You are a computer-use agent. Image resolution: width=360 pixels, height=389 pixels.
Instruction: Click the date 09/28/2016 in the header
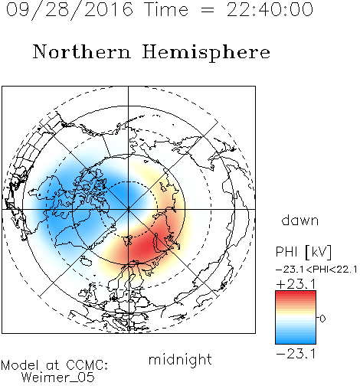(70, 10)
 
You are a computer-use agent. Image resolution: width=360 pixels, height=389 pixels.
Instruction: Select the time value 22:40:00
(270, 9)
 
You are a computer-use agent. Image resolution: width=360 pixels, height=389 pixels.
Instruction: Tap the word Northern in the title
(82, 51)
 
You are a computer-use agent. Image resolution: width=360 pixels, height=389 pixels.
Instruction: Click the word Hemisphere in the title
(206, 53)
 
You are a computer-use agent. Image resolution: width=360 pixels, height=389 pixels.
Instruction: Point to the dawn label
(300, 221)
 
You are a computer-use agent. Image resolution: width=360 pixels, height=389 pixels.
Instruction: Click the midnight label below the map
(180, 360)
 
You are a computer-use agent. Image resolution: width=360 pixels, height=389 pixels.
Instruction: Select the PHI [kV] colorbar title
(303, 252)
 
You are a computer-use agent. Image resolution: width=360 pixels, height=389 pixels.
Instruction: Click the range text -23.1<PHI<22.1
(316, 270)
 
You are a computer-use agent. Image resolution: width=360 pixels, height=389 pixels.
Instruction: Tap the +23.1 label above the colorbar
(296, 284)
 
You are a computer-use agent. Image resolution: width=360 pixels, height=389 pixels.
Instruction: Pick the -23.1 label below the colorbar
(296, 354)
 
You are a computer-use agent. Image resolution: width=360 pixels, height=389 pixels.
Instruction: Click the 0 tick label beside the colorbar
(322, 319)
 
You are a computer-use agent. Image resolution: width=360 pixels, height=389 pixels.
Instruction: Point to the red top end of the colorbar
(296, 293)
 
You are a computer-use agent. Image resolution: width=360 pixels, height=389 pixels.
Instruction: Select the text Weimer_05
(58, 377)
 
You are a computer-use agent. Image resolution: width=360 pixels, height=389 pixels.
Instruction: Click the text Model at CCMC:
(54, 365)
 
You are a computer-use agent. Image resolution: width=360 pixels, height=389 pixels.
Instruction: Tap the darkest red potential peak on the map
(146, 247)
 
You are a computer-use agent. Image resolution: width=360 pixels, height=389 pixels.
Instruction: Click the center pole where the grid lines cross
(129, 209)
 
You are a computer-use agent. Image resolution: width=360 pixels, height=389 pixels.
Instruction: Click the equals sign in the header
(207, 10)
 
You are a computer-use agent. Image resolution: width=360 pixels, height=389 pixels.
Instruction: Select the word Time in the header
(166, 9)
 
